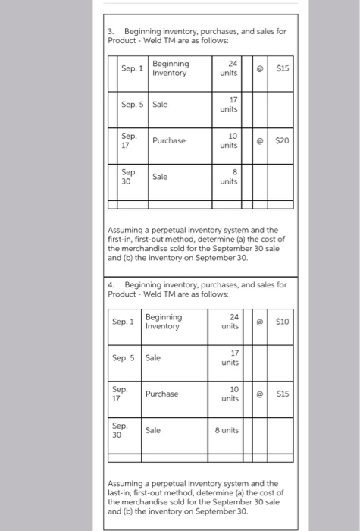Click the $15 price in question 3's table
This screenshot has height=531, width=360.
pyautogui.click(x=283, y=68)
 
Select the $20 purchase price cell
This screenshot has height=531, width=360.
pyautogui.click(x=283, y=141)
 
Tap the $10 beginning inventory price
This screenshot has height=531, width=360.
pyautogui.click(x=283, y=322)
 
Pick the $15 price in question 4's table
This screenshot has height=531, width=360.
pyautogui.click(x=283, y=394)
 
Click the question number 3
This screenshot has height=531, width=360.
pyautogui.click(x=110, y=31)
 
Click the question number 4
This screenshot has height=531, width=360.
pyautogui.click(x=111, y=284)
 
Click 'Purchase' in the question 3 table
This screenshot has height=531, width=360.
pyautogui.click(x=169, y=140)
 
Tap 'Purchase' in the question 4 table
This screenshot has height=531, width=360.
pyautogui.click(x=162, y=394)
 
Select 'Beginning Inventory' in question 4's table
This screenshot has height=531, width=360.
pyautogui.click(x=164, y=322)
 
